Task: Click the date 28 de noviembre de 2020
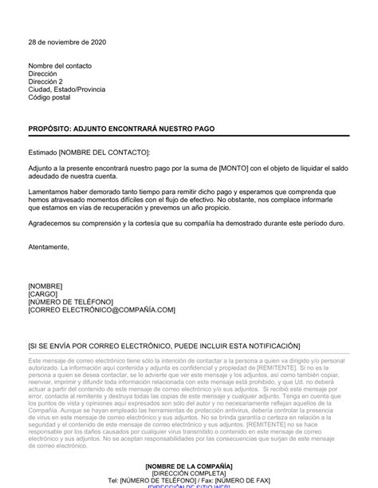click(66, 42)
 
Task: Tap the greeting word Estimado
click(44, 152)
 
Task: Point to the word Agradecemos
click(52, 224)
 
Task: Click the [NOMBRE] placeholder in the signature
click(45, 285)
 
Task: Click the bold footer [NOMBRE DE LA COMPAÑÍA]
click(189, 465)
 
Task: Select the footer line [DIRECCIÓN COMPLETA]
click(189, 473)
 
